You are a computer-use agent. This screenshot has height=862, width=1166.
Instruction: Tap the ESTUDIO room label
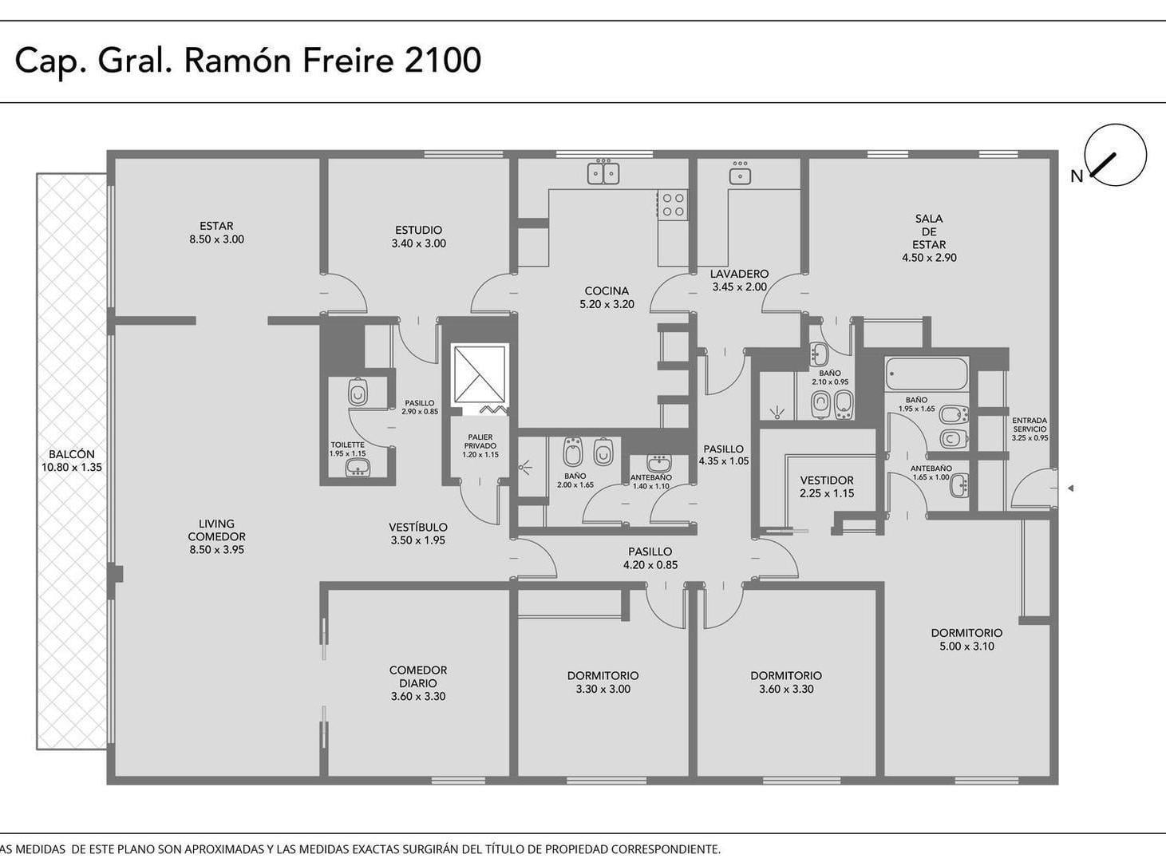(x=418, y=230)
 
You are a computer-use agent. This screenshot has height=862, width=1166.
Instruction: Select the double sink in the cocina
(x=603, y=173)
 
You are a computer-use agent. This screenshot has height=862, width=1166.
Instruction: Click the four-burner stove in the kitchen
(x=673, y=205)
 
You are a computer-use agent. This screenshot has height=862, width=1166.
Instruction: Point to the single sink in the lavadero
(x=740, y=176)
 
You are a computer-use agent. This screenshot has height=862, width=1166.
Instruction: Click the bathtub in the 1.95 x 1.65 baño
(x=926, y=374)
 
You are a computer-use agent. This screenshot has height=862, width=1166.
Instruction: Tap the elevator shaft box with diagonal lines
(x=480, y=374)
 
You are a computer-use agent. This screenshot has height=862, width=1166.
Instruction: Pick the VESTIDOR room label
(x=827, y=480)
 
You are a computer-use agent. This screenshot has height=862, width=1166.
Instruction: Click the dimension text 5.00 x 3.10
(x=966, y=646)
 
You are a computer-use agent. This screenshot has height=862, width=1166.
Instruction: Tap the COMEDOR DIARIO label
(x=418, y=676)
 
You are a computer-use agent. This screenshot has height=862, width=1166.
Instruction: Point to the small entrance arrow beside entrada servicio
(x=1070, y=488)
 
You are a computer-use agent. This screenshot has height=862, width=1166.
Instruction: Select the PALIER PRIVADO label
(x=480, y=441)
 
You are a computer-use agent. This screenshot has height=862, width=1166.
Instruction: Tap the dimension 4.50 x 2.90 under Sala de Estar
(x=930, y=258)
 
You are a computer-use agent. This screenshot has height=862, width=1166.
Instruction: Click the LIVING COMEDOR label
(x=216, y=530)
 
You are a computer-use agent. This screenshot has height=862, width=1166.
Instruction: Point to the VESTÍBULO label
(x=418, y=527)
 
